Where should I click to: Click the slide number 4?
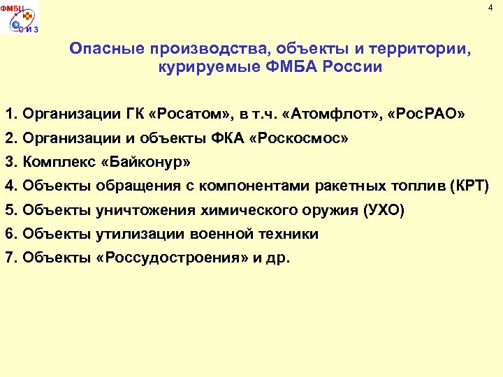tap(490, 8)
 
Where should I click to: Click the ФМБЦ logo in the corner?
tap(19, 17)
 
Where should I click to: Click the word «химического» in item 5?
tap(241, 210)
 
